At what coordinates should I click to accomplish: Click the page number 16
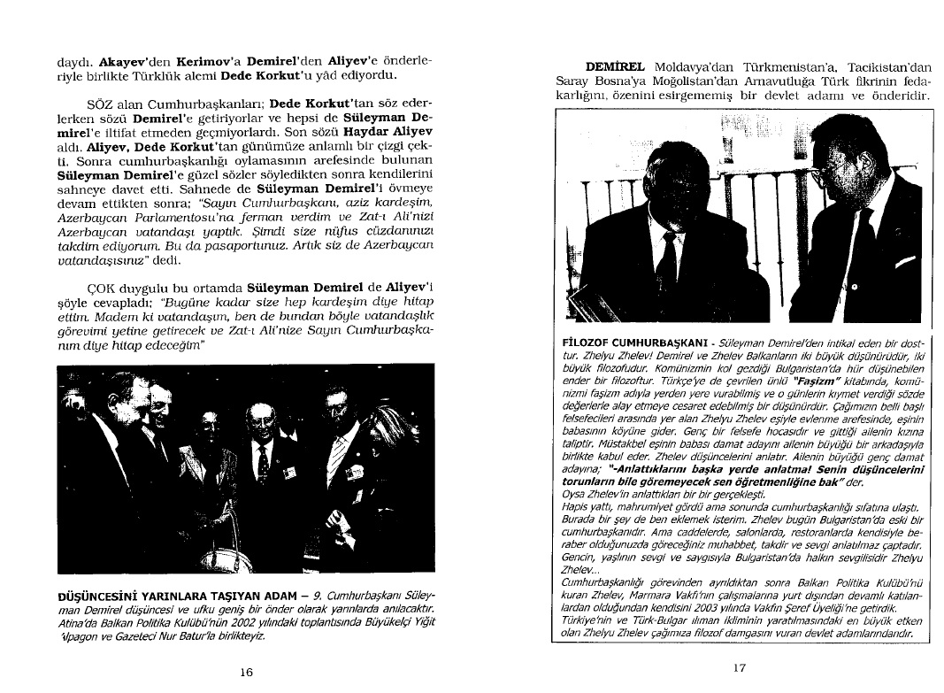pos(247,672)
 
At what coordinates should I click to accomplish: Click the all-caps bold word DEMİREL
pos(616,66)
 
